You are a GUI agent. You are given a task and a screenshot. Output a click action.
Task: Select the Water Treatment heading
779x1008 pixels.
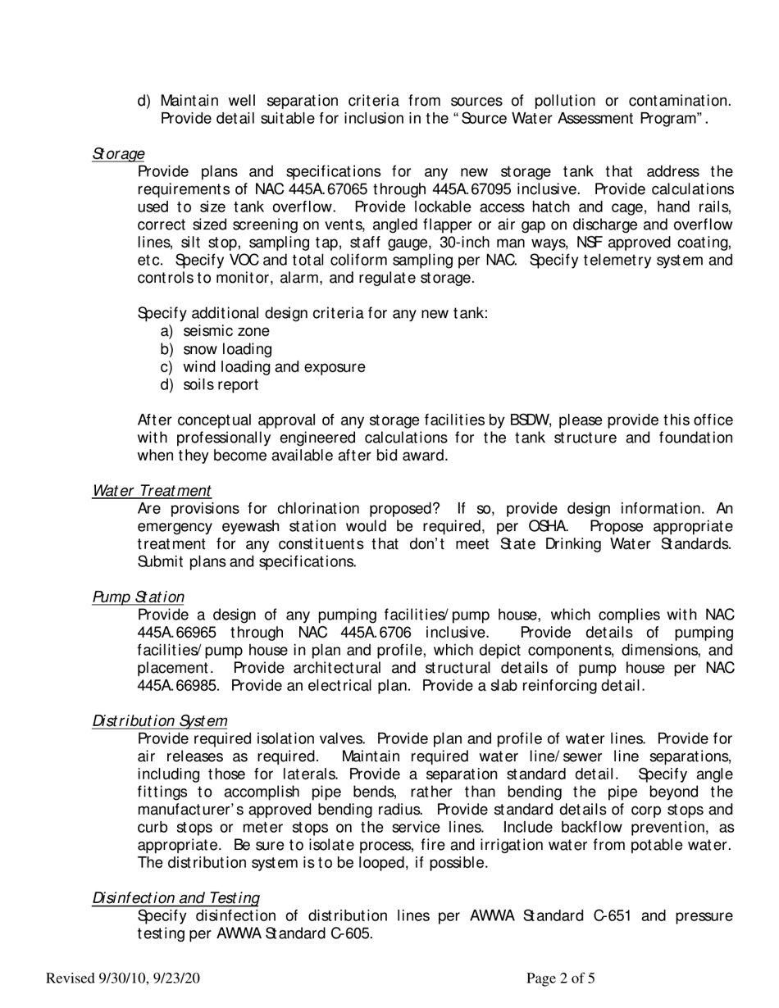coord(152,490)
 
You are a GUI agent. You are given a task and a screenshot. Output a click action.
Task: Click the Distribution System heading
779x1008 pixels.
coord(160,721)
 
